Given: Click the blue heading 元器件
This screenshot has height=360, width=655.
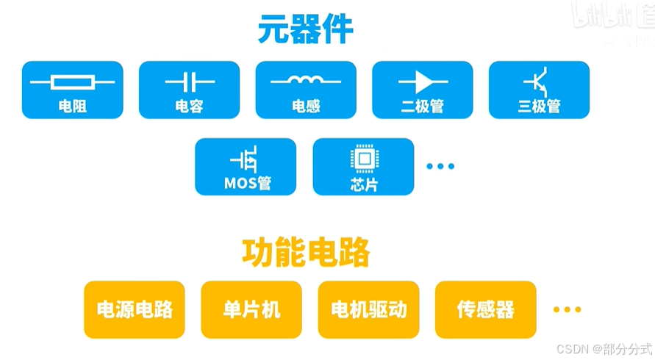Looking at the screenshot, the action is [x=306, y=30].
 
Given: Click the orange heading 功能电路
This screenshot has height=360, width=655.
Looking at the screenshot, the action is [x=306, y=253].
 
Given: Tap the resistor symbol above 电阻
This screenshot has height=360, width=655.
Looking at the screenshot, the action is [x=72, y=81].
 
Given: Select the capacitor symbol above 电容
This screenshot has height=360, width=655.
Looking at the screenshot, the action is [x=189, y=81].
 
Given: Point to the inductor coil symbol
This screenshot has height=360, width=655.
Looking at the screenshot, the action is [x=305, y=79].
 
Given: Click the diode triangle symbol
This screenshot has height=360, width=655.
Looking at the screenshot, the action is [x=422, y=81].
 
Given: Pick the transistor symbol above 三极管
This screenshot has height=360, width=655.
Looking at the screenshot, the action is [x=539, y=79].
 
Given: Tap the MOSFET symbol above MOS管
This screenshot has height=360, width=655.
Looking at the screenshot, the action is [x=246, y=159].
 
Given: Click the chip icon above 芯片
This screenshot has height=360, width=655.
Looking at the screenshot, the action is [x=363, y=158].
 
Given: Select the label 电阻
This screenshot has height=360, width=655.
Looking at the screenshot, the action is [x=72, y=107].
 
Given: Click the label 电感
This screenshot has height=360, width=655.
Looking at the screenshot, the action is [x=306, y=107].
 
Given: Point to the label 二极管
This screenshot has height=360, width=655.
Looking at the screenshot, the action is [x=422, y=107].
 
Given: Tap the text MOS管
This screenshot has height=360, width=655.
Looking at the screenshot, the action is [x=246, y=183].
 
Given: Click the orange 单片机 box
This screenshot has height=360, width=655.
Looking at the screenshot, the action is [x=251, y=309].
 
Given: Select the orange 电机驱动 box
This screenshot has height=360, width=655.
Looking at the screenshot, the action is [x=368, y=309].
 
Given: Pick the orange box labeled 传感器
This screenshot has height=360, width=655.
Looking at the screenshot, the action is [x=485, y=309].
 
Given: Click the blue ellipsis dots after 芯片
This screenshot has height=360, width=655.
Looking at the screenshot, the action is [x=441, y=167].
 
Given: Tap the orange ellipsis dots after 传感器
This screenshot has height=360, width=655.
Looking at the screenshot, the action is [x=567, y=309].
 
